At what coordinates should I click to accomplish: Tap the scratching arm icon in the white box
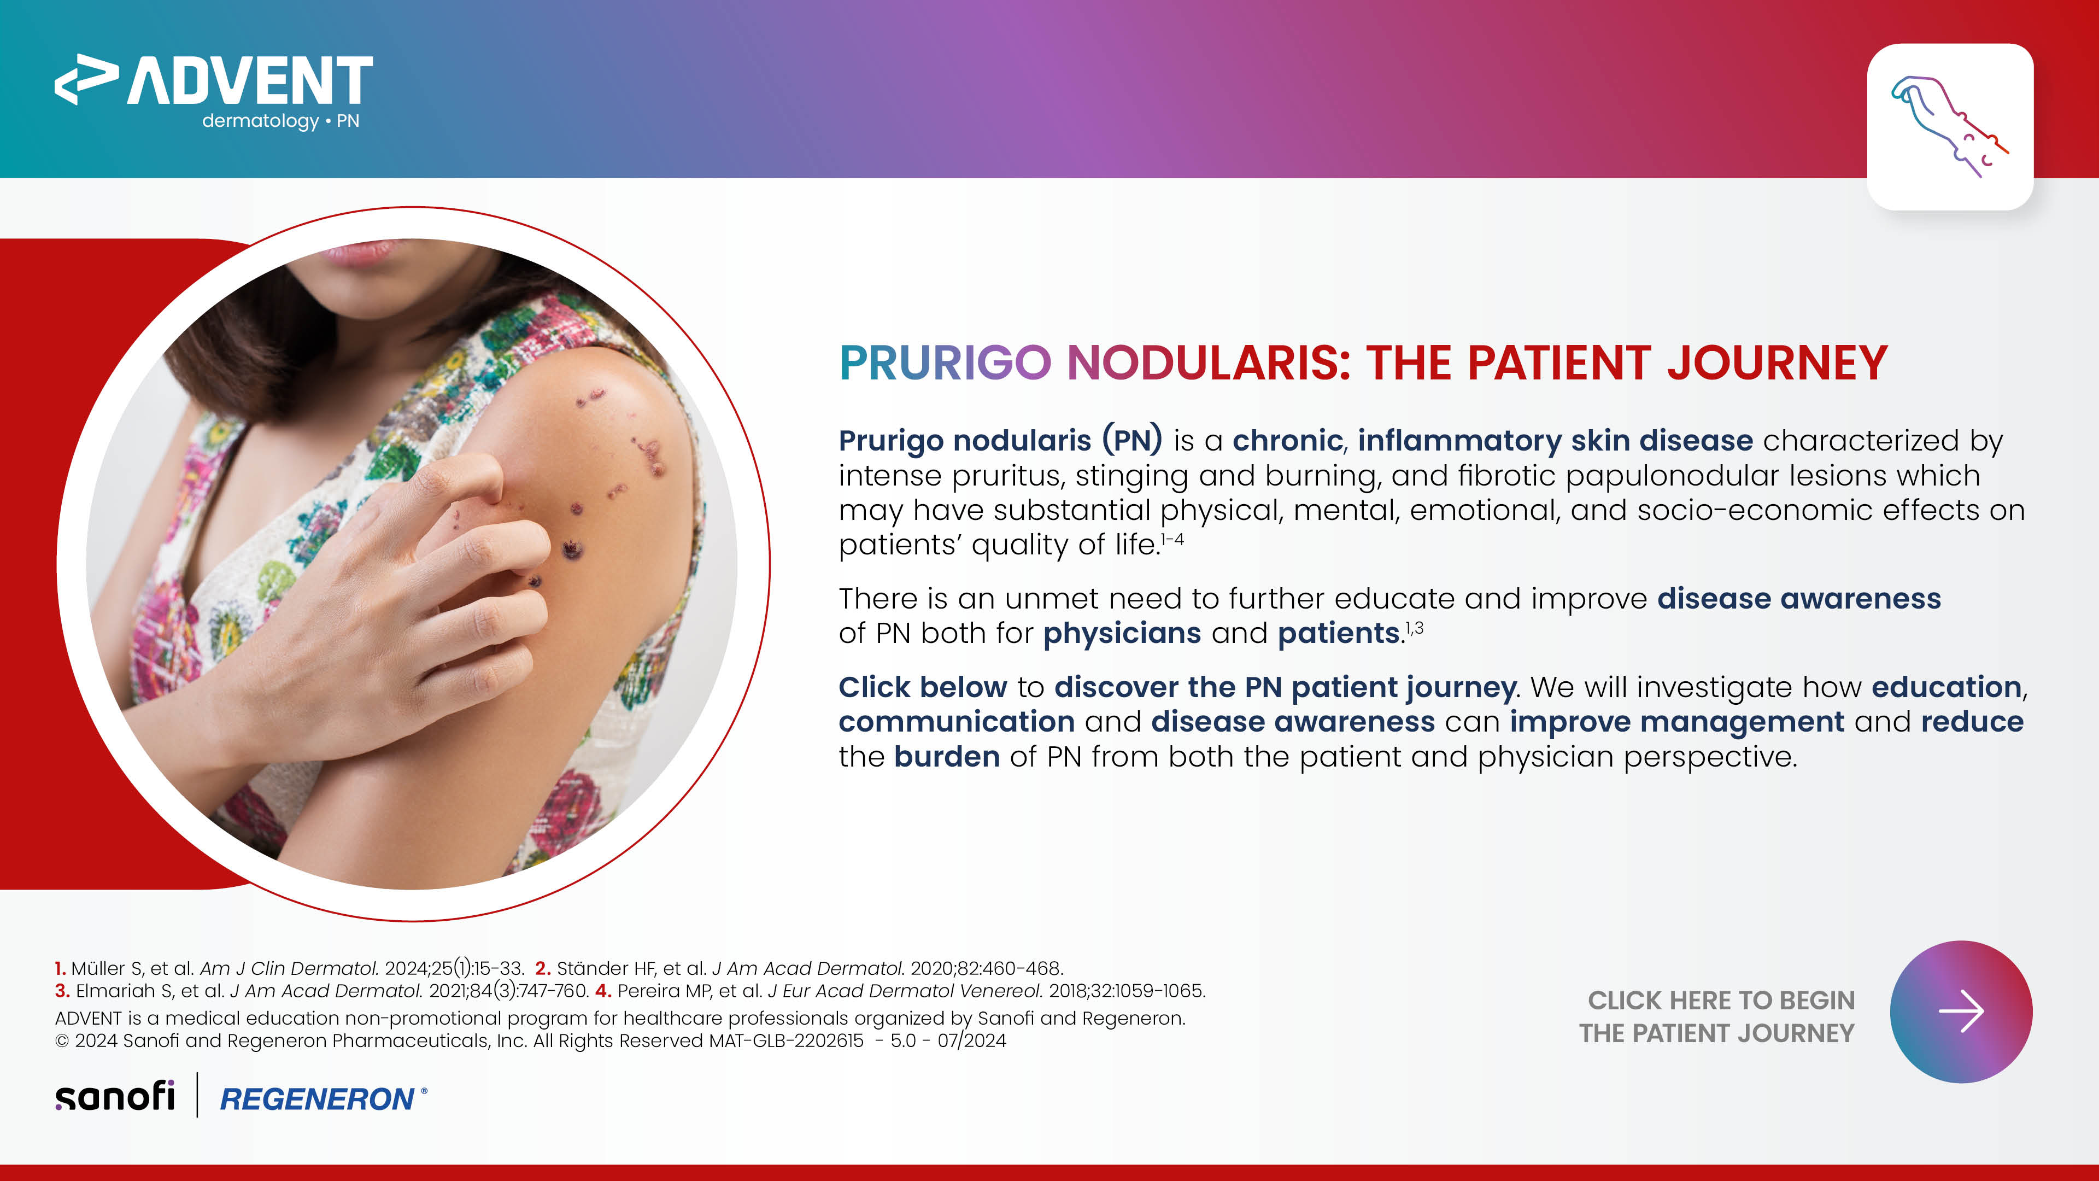pos(1949,126)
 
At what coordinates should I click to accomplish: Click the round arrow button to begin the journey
pos(1961,1012)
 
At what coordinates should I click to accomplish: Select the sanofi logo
pos(115,1096)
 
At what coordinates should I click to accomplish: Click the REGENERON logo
pos(323,1098)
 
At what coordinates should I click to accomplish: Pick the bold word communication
pos(957,722)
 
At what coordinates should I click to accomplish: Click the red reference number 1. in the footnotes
pos(60,968)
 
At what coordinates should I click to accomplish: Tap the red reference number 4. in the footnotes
pos(603,991)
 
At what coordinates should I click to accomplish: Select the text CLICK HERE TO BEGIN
pos(1721,1000)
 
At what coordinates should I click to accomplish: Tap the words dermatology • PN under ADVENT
pos(280,121)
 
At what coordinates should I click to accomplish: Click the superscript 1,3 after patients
pos(1415,628)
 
